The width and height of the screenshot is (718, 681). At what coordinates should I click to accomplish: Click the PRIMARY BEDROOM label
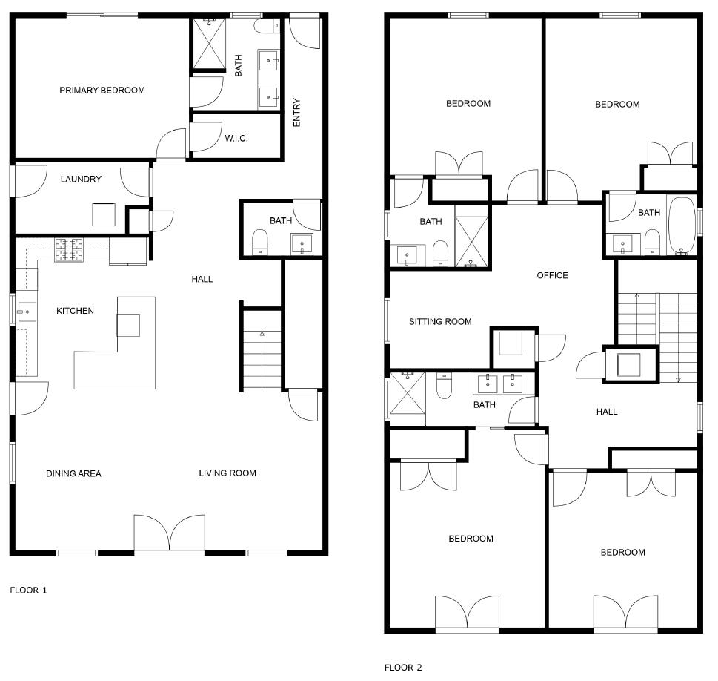[x=102, y=91]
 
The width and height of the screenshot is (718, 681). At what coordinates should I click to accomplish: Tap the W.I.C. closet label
[x=236, y=139]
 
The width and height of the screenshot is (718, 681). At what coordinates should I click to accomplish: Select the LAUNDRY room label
[x=81, y=179]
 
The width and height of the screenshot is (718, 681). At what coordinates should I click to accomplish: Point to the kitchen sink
[x=27, y=312]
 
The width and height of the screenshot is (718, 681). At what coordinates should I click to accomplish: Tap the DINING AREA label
[x=73, y=473]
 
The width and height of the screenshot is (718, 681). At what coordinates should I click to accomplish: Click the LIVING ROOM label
[x=227, y=473]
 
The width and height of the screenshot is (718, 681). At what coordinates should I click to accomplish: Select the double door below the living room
[x=169, y=534]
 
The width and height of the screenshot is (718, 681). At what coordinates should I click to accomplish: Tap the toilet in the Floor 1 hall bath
[x=260, y=242]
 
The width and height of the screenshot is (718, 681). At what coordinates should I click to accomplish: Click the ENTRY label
[x=297, y=113]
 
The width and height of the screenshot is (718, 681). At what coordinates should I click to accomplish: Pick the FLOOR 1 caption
[x=28, y=590]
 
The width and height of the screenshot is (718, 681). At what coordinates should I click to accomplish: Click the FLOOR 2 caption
[x=402, y=667]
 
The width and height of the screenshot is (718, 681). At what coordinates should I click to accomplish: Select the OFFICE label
[x=552, y=275]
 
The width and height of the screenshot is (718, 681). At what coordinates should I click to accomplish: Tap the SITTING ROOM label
[x=440, y=322]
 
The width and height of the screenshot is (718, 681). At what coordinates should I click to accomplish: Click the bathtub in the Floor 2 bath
[x=682, y=226]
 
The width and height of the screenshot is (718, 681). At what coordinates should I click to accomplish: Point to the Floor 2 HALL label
[x=607, y=412]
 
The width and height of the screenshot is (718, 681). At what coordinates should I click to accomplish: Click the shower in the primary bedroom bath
[x=207, y=44]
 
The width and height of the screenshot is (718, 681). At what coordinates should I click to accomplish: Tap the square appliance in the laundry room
[x=104, y=214]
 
